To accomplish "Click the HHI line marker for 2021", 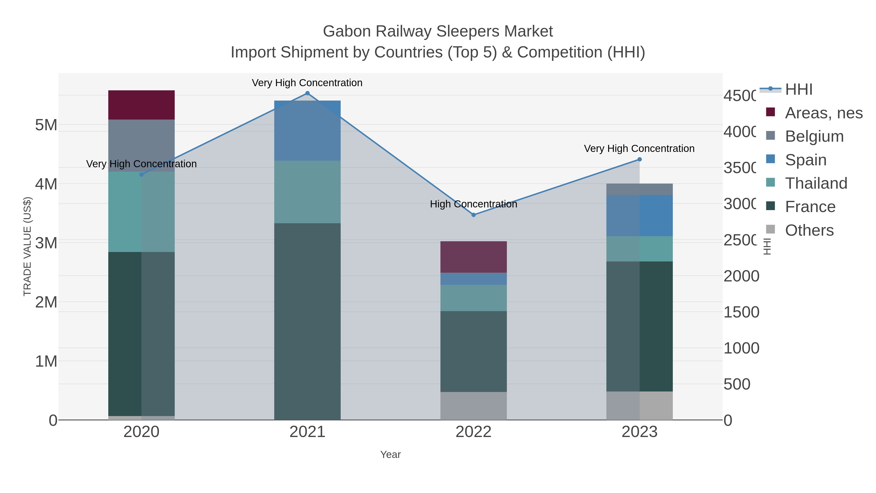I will coord(307,93).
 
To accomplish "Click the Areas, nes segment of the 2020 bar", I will coord(141,105).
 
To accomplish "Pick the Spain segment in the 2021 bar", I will coord(307,131).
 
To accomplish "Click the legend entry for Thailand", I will coord(816,183).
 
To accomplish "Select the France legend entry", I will coord(810,207).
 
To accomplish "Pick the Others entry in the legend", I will coord(809,230).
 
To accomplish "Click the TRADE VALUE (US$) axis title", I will coord(27,246).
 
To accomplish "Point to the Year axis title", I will coord(390,455).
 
